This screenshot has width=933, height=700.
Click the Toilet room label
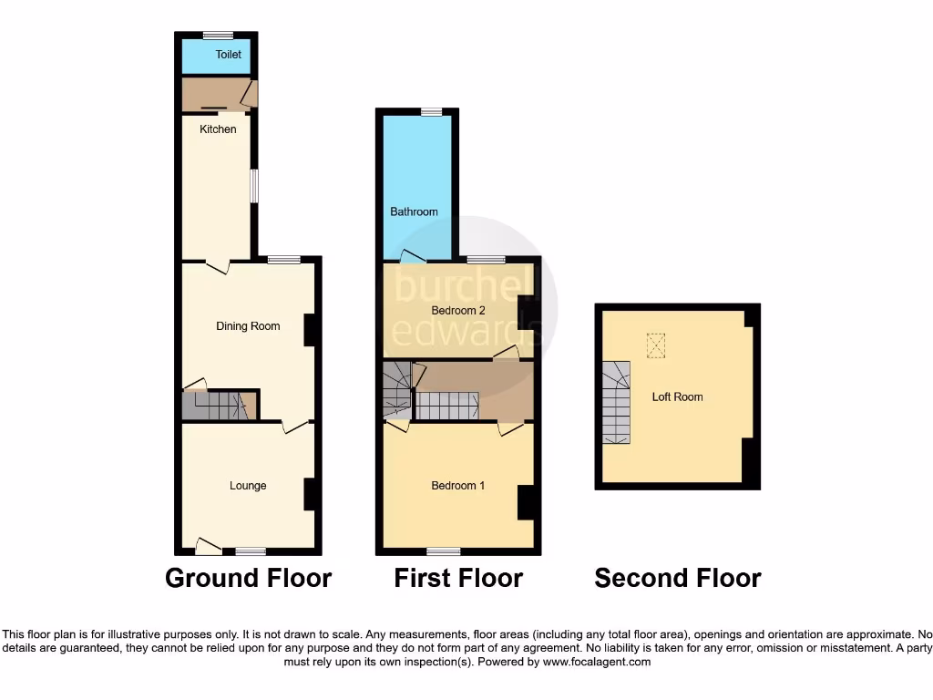229,55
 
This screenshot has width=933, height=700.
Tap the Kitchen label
218,129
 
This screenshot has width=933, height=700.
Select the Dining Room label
248,326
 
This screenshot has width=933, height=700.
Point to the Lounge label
248,486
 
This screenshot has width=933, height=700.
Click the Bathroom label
414,211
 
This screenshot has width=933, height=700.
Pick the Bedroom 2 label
458,311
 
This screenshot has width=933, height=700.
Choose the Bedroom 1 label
457,486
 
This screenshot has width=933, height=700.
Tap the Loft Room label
677,397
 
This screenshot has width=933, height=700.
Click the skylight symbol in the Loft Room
656,345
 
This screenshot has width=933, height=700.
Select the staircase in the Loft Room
615,402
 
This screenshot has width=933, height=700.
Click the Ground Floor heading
248,578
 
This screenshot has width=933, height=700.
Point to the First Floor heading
458,578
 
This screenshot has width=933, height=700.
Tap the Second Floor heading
678,578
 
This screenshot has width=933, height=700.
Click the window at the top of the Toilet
218,35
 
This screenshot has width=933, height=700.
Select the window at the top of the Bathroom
432,111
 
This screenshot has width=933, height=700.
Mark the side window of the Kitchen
255,186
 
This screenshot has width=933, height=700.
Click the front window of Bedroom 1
443,551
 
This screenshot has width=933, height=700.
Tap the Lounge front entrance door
209,547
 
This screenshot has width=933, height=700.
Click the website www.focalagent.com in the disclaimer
597,662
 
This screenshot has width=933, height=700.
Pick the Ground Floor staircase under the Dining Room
217,406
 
